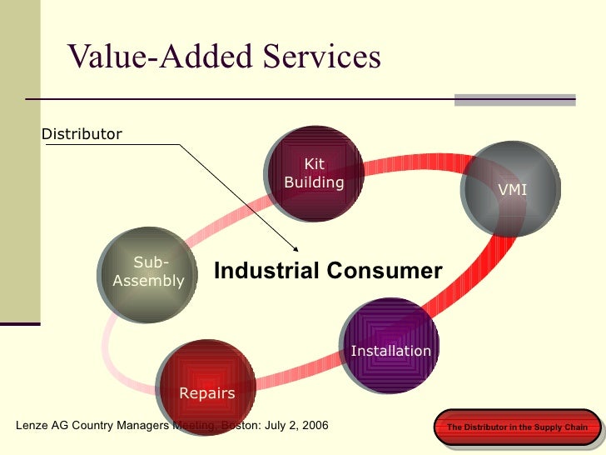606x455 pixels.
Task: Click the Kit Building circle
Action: point(314,174)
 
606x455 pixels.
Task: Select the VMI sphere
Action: point(512,190)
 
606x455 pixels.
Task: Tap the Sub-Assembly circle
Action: point(148,272)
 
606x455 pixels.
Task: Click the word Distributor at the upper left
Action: point(82,134)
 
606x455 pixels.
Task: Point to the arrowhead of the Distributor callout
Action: point(296,248)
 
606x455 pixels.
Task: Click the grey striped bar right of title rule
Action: point(514,99)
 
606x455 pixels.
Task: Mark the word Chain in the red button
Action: point(574,427)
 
